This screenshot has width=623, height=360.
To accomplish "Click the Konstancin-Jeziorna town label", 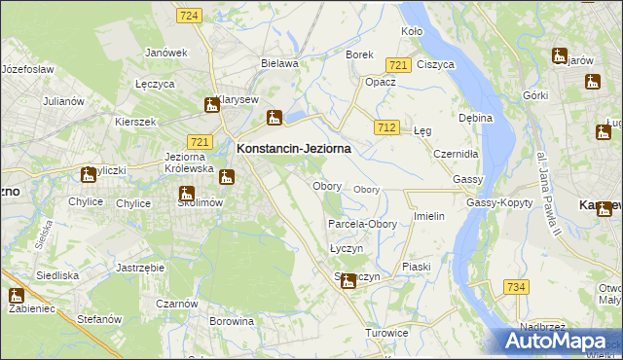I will point(293,149).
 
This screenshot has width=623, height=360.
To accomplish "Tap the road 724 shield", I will point(190,16).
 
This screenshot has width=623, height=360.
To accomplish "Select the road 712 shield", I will point(386,128).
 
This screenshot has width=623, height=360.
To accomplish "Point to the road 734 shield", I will point(516,286).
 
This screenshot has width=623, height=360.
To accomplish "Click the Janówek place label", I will point(165,53).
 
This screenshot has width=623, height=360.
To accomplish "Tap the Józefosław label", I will point(27,70).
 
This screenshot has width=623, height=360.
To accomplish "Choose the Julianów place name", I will point(64,100).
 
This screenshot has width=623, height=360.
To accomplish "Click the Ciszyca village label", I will point(435,64).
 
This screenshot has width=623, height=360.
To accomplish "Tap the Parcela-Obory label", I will point(362,224).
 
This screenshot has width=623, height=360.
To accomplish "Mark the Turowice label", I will point(386,333).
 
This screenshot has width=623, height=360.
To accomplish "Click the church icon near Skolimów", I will point(187,194).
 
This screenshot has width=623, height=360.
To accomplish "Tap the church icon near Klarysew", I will point(212,105).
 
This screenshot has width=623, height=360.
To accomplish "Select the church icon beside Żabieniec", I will point(16,297).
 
